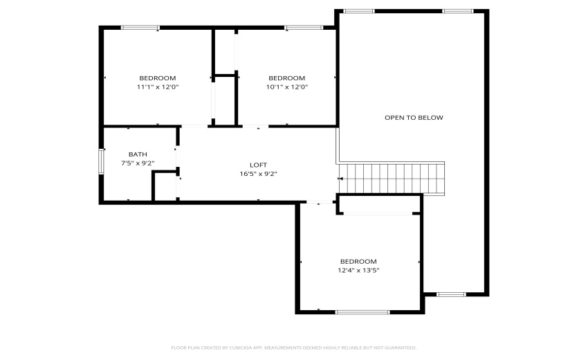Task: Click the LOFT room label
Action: (x=258, y=165)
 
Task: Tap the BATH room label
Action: (x=138, y=154)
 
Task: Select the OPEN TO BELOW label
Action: (x=414, y=118)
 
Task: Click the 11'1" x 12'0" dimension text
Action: (x=157, y=87)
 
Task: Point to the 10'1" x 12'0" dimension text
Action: (x=286, y=87)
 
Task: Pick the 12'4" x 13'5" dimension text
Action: (x=358, y=270)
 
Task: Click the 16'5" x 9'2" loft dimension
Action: (x=258, y=174)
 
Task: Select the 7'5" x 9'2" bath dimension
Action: (x=138, y=163)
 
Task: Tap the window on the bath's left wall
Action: (x=101, y=161)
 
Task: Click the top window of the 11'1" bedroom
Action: (x=140, y=28)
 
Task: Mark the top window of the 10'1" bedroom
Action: (x=304, y=28)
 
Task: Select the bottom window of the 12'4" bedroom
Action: (x=362, y=312)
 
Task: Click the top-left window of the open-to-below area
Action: (x=359, y=11)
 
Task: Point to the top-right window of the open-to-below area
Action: (x=457, y=11)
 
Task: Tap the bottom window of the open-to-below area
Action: (x=450, y=294)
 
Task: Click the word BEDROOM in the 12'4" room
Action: (x=358, y=261)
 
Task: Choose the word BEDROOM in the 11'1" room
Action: (x=157, y=78)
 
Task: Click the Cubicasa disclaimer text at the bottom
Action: (x=293, y=348)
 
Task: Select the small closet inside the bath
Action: (x=164, y=187)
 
